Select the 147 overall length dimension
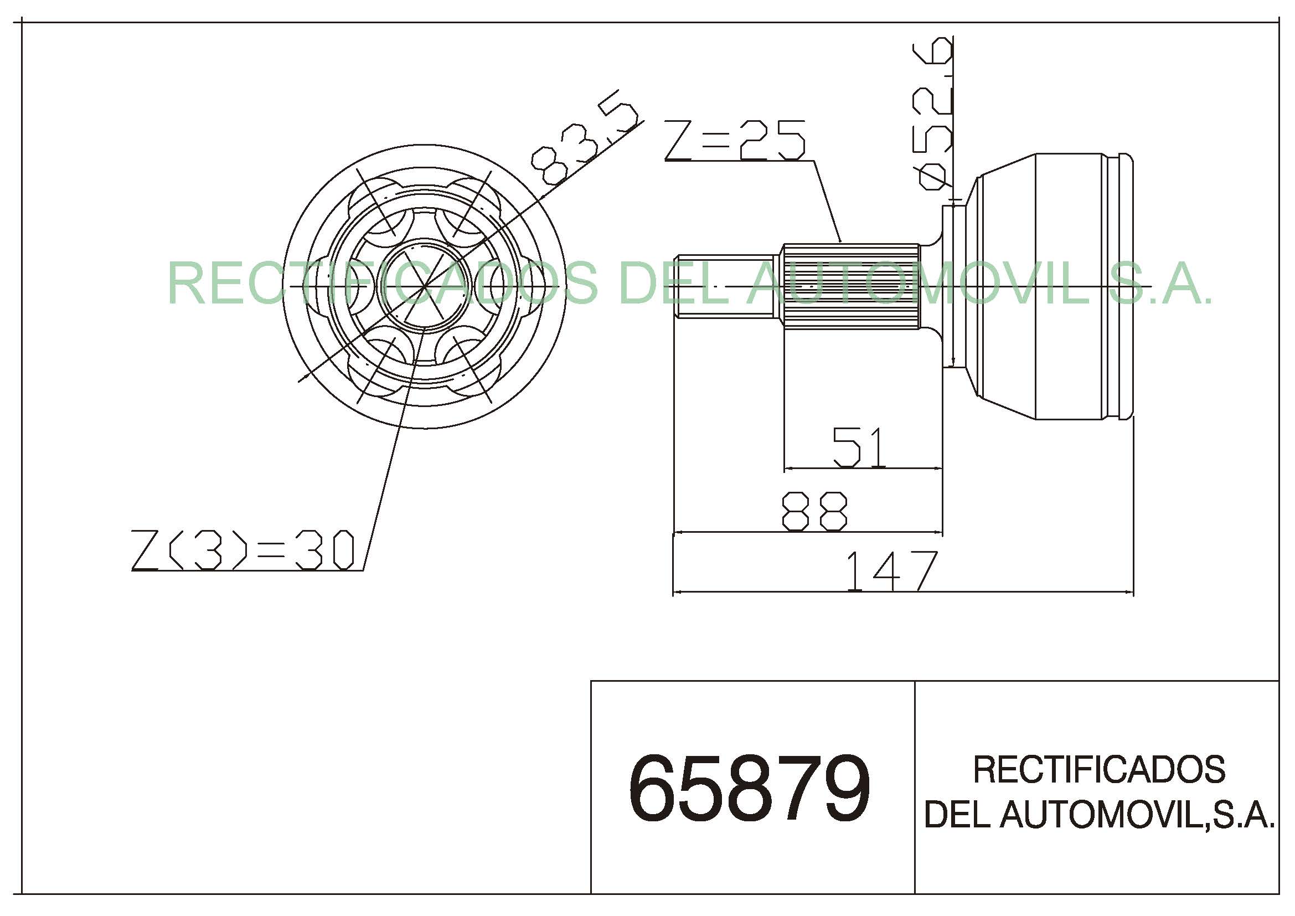(x=892, y=570)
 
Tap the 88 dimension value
(x=814, y=511)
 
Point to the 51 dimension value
(x=860, y=447)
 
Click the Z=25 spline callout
(x=735, y=140)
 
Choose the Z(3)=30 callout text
(x=243, y=550)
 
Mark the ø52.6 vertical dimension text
(x=933, y=112)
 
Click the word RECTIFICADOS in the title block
(x=1100, y=769)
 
